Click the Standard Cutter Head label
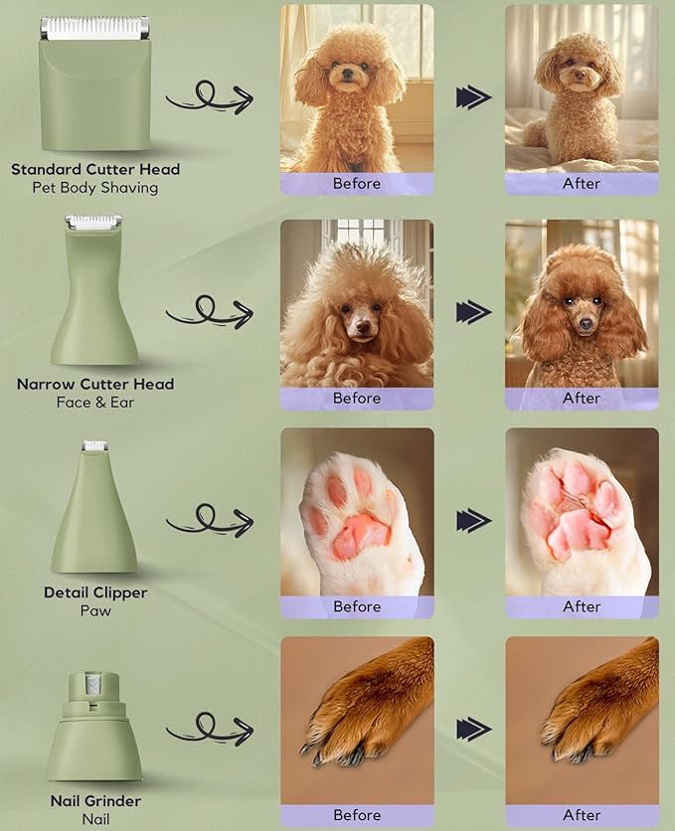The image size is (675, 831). click(x=95, y=169)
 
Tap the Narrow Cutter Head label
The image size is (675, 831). click(x=95, y=384)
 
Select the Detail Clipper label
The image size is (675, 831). click(x=95, y=592)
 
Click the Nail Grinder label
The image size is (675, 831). click(x=95, y=801)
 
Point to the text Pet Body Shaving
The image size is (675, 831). click(x=95, y=187)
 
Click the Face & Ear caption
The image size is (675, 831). click(x=95, y=402)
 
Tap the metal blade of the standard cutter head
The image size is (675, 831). click(x=95, y=28)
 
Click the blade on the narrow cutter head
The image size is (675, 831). click(x=93, y=222)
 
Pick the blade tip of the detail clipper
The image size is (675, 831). click(x=95, y=446)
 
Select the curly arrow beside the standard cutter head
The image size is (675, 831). click(x=208, y=97)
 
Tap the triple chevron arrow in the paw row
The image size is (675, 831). click(x=474, y=520)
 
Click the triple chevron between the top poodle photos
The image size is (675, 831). click(x=474, y=96)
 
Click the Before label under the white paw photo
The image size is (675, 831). click(x=357, y=606)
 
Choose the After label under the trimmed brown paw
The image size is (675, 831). click(x=582, y=815)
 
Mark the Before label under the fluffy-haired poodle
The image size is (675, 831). click(x=357, y=398)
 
